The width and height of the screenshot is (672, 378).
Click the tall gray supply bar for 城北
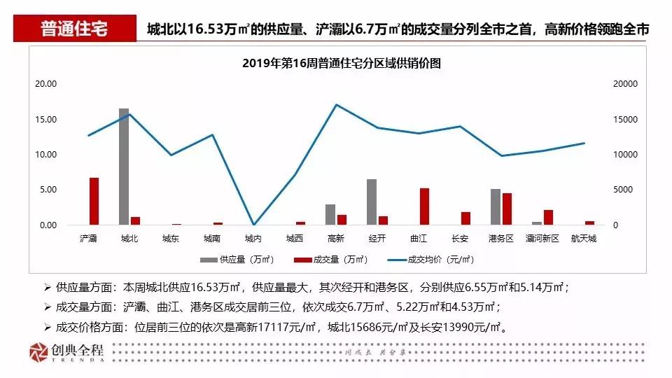pos(124,167)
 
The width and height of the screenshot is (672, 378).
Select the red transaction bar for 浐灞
pos(94,202)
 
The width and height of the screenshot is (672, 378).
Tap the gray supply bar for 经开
pos(372,202)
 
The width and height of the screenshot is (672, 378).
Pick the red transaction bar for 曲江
pos(424,206)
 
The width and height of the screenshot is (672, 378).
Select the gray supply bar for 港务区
pos(496,207)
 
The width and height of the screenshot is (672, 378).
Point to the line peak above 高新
pos(337,104)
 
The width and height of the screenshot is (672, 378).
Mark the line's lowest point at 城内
pos(253,224)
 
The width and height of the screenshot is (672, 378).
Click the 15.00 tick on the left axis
pos(46,119)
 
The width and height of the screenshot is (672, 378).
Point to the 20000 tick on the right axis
pos(624,84)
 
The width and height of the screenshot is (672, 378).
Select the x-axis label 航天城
pos(583,239)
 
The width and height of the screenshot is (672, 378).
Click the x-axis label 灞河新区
pos(542,239)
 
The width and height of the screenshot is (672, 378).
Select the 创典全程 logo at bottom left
pos(66,353)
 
